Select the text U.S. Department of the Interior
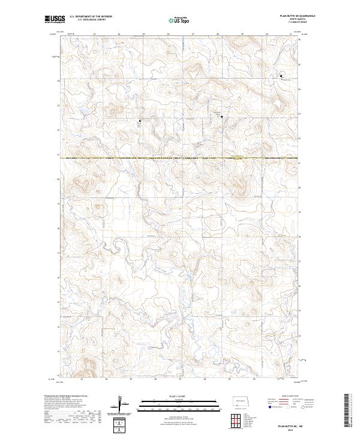91,17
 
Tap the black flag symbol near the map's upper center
221,117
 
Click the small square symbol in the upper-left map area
140,121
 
